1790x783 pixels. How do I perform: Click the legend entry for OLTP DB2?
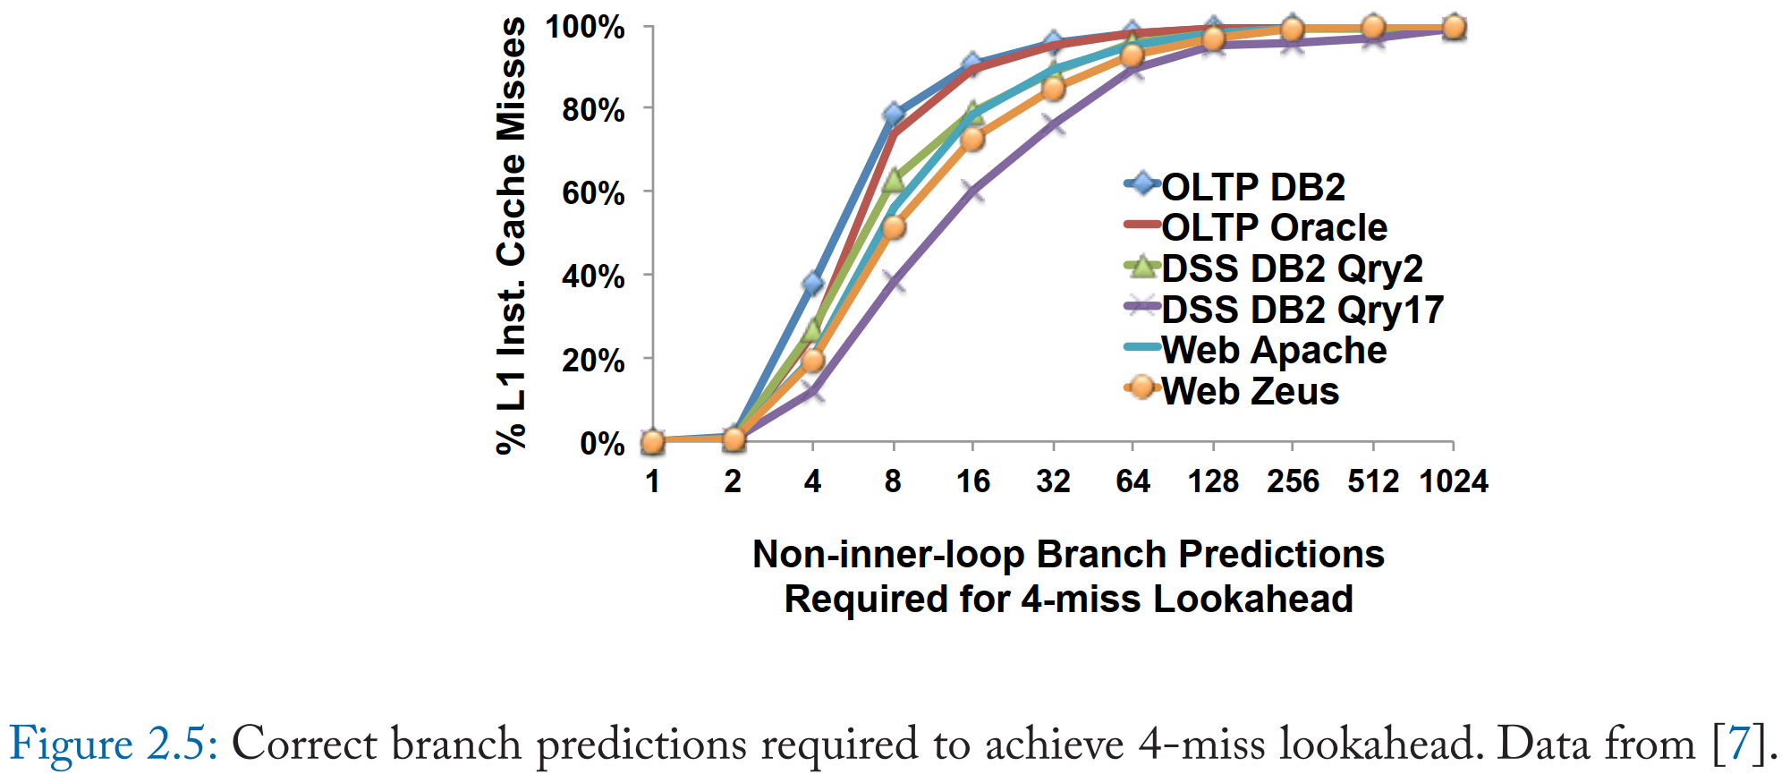click(1252, 187)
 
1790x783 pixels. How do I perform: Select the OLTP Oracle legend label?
click(1274, 227)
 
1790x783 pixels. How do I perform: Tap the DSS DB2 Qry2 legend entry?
click(1292, 268)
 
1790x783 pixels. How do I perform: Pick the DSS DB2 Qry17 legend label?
click(1302, 310)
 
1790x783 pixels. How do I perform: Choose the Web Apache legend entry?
click(1274, 350)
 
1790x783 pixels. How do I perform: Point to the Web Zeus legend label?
click(1250, 391)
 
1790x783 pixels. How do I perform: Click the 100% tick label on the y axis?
click(586, 27)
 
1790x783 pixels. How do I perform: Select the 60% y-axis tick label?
click(593, 192)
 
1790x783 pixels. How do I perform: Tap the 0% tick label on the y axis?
click(602, 443)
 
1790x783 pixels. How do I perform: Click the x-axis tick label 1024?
click(1454, 482)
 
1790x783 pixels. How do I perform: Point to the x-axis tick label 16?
click(972, 482)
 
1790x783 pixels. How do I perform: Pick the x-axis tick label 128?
click(1213, 482)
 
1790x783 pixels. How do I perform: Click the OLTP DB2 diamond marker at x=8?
click(893, 115)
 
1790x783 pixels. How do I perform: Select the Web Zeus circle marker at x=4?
click(812, 361)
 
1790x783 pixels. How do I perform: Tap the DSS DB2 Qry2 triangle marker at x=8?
click(893, 181)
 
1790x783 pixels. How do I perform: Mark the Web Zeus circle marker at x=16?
click(972, 140)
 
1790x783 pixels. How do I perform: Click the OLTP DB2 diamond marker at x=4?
click(812, 284)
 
